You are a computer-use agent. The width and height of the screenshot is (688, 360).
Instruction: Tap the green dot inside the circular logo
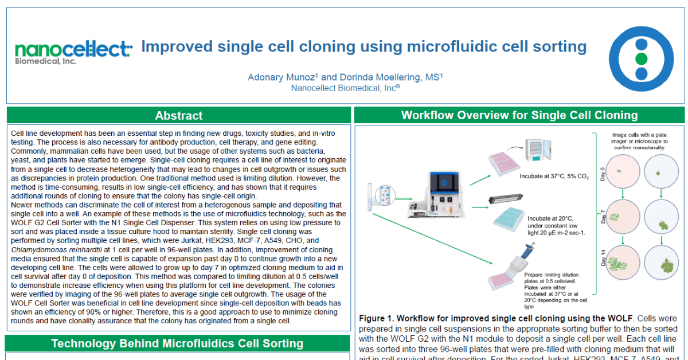641,59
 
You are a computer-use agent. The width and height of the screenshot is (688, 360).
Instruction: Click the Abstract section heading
179,116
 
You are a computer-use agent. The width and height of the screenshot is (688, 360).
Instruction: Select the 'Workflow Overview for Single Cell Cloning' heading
519,115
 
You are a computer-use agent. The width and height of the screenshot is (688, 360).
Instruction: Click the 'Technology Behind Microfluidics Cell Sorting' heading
177,343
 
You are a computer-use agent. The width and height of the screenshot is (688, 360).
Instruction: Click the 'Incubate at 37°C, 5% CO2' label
554,177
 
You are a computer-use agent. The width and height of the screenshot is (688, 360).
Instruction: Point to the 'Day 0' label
602,174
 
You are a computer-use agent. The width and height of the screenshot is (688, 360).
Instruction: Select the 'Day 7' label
602,217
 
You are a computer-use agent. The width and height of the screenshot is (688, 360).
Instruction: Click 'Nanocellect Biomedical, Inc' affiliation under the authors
345,88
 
